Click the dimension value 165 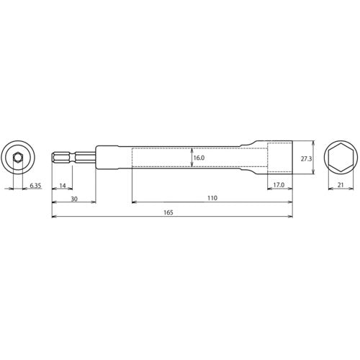(x=168, y=212)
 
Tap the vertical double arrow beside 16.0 (x=190, y=158)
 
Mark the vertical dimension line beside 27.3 (x=311, y=158)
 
